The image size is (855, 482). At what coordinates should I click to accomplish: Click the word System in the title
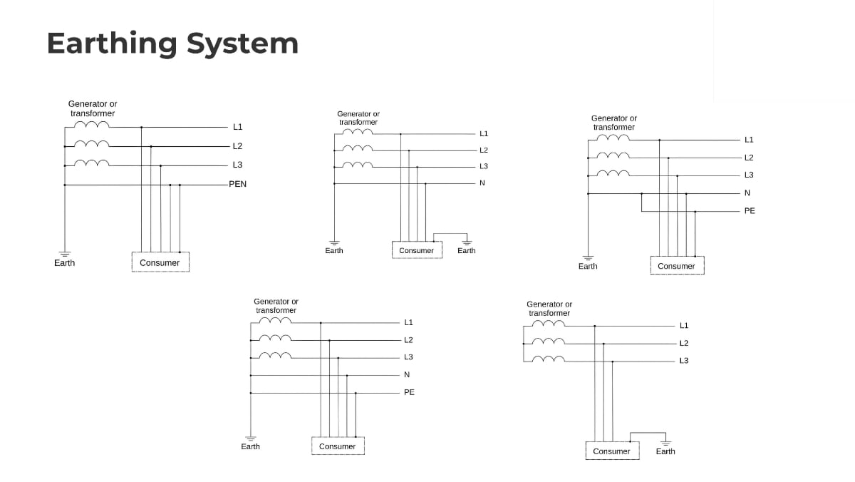pyautogui.click(x=242, y=43)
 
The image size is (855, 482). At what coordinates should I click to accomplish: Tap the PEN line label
pyautogui.click(x=237, y=184)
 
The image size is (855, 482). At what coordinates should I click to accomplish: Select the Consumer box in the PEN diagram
pyautogui.click(x=160, y=262)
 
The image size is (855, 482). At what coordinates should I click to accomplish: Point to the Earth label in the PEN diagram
pyautogui.click(x=64, y=262)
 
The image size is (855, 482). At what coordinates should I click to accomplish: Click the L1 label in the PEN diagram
pyautogui.click(x=237, y=127)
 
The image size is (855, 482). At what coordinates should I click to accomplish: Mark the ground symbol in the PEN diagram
pyautogui.click(x=64, y=253)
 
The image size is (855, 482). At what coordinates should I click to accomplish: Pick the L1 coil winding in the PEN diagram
pyautogui.click(x=92, y=125)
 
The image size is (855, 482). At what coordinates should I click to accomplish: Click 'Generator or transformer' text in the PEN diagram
pyautogui.click(x=93, y=108)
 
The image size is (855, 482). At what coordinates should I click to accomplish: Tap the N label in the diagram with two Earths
pyautogui.click(x=482, y=183)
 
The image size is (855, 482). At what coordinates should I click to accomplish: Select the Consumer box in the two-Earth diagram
pyautogui.click(x=417, y=250)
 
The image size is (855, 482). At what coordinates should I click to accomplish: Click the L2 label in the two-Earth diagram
pyautogui.click(x=484, y=150)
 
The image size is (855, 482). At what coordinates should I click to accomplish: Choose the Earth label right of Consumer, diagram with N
pyautogui.click(x=467, y=250)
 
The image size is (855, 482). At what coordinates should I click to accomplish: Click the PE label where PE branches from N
pyautogui.click(x=750, y=210)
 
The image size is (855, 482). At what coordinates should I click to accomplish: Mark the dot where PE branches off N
pyautogui.click(x=642, y=193)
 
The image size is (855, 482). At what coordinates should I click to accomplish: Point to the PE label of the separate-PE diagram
pyautogui.click(x=409, y=392)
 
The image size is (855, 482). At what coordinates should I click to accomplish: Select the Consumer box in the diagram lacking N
pyautogui.click(x=612, y=451)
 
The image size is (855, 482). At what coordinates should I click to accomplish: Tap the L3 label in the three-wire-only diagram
pyautogui.click(x=684, y=360)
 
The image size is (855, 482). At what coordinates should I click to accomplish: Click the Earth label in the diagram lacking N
pyautogui.click(x=665, y=451)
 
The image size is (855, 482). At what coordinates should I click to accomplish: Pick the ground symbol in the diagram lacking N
pyautogui.click(x=665, y=442)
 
